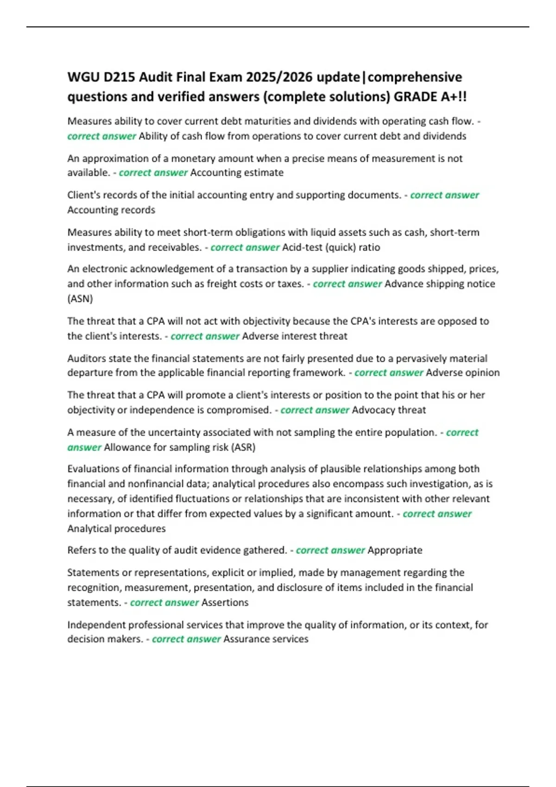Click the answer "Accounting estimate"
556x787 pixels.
237,173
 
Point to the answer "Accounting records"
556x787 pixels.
111,210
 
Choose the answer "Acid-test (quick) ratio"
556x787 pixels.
331,247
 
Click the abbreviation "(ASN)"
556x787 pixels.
80,299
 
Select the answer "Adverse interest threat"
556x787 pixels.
294,336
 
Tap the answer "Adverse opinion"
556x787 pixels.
462,373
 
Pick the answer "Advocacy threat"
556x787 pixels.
389,410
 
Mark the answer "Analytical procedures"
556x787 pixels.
116,529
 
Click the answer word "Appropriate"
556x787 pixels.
395,550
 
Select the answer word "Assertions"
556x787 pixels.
225,603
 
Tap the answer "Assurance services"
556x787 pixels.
265,639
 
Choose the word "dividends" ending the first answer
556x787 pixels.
444,136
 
